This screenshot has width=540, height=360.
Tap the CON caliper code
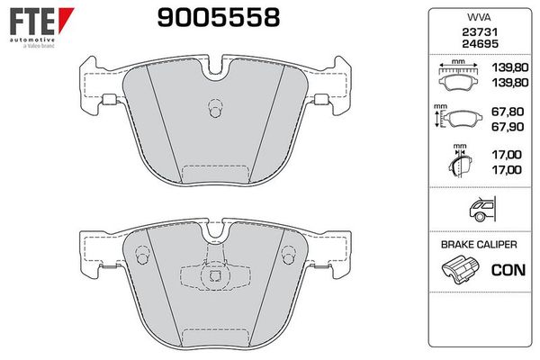tap(508, 269)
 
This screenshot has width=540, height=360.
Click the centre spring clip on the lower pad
tap(213, 277)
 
